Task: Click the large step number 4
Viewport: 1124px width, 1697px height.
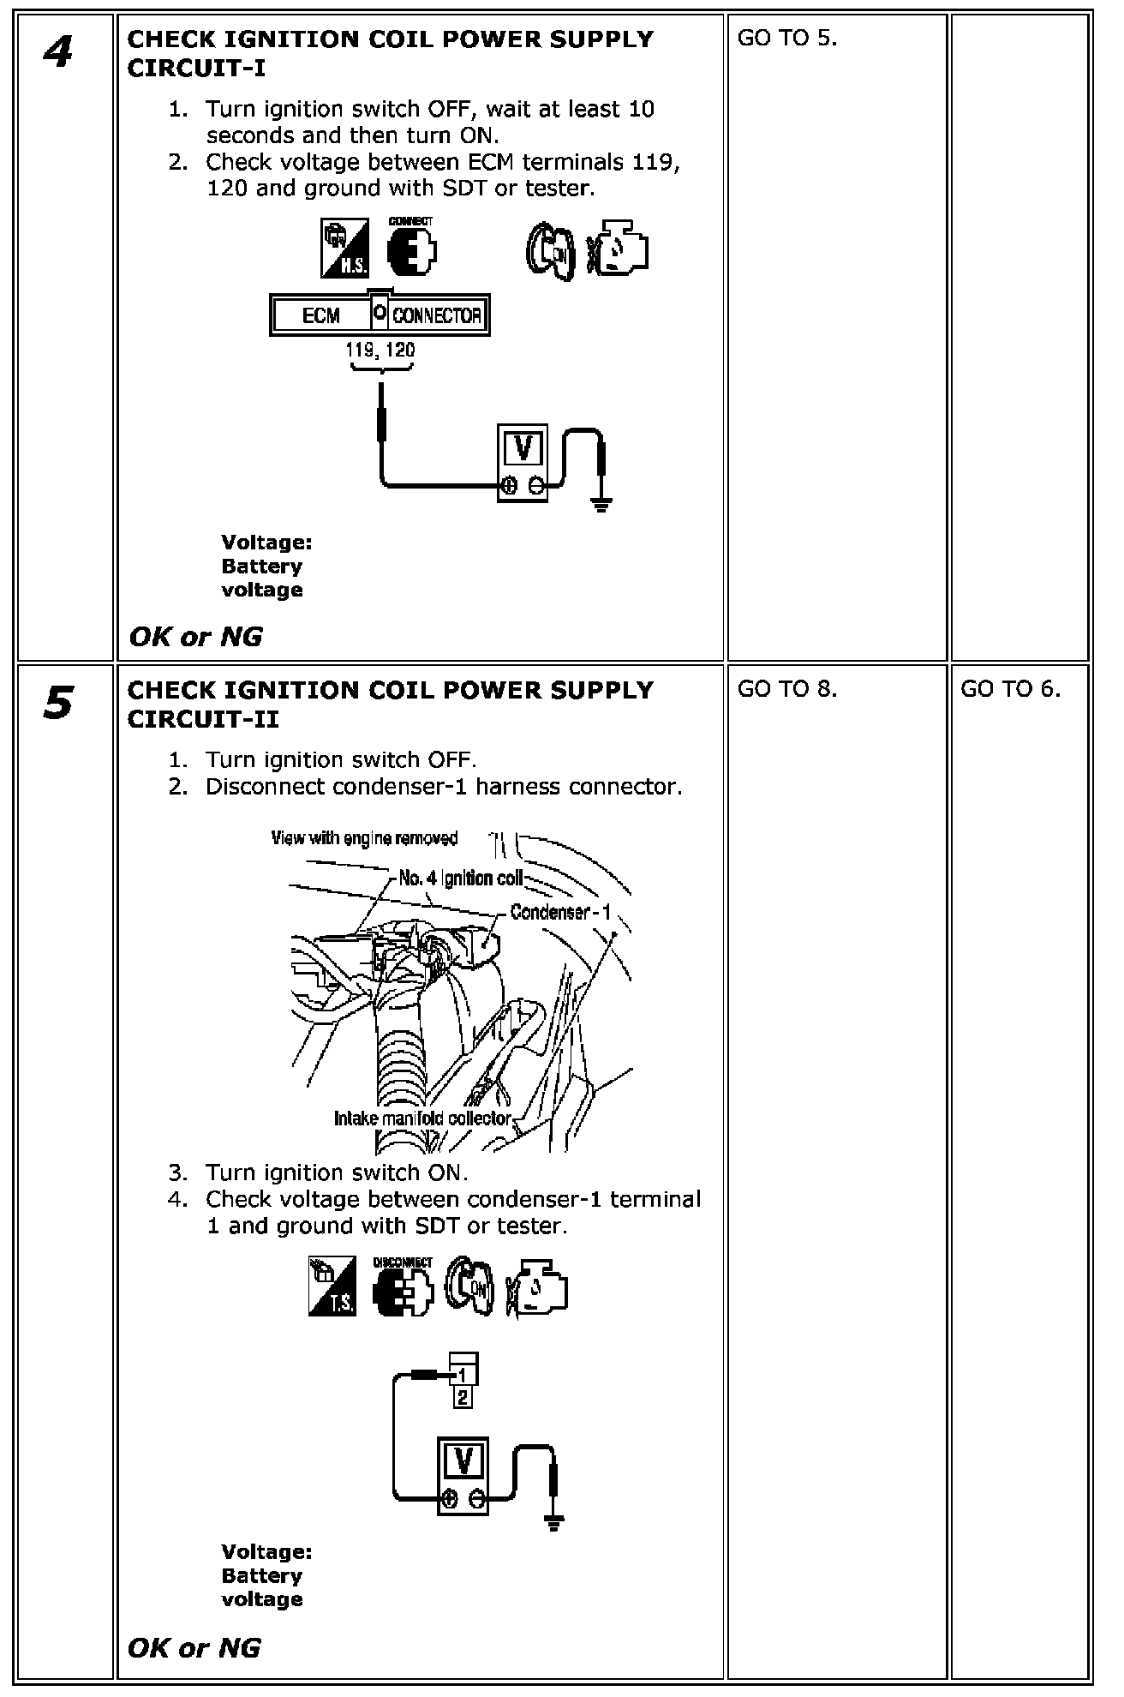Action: (57, 53)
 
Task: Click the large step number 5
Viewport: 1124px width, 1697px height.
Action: (57, 704)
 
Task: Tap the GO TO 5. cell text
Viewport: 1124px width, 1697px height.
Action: (786, 39)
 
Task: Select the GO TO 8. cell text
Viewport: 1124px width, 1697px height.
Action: (786, 689)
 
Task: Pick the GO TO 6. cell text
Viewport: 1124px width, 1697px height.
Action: (1010, 689)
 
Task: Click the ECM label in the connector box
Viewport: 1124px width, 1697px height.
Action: (321, 315)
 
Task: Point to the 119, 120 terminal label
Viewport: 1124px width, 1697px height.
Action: (380, 350)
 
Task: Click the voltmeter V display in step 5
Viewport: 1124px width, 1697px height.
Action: (463, 1460)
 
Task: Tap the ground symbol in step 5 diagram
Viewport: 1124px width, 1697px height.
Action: (554, 1522)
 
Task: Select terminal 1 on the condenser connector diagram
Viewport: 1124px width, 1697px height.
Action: (463, 1374)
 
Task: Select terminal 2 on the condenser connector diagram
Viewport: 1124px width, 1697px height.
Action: (463, 1398)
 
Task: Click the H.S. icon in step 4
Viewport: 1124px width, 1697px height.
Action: (344, 248)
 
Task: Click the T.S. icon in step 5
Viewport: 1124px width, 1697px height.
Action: (332, 1286)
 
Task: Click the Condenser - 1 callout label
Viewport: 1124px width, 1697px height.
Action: (560, 912)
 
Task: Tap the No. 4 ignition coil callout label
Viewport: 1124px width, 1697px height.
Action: (460, 878)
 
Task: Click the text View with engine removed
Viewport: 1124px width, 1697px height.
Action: (364, 838)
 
